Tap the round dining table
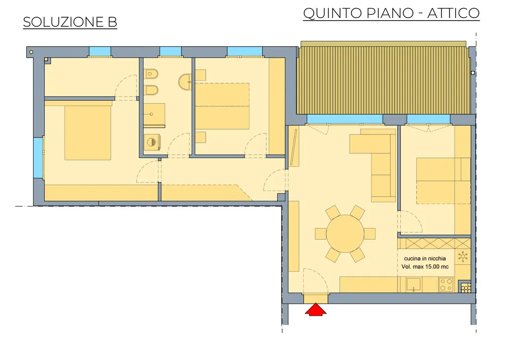(x=345, y=233)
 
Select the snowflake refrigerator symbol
(x=463, y=256)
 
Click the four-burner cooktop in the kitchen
(x=447, y=285)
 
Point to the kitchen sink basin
(x=413, y=285)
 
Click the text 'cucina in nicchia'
(x=424, y=258)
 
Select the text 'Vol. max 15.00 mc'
(x=425, y=266)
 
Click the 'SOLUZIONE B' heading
(x=70, y=22)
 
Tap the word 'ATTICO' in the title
(x=453, y=13)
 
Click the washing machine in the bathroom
(x=152, y=142)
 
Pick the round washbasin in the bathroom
(x=186, y=82)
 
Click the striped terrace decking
(x=383, y=80)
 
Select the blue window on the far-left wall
(x=38, y=158)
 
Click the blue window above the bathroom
(x=170, y=51)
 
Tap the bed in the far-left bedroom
(x=88, y=133)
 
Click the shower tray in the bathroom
(x=154, y=115)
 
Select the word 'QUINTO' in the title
(x=332, y=14)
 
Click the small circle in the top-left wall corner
(x=31, y=52)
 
